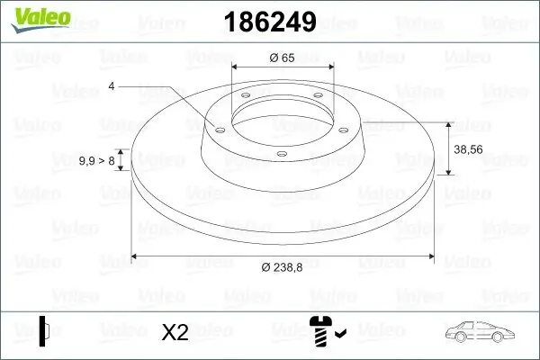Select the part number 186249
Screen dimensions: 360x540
click(x=262, y=22)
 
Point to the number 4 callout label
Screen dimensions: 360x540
click(x=112, y=86)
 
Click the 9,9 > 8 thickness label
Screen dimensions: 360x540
click(x=96, y=160)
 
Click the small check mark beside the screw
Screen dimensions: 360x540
click(x=339, y=336)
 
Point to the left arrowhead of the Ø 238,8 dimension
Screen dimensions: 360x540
click(x=136, y=256)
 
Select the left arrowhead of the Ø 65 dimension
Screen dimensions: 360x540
click(x=235, y=67)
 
